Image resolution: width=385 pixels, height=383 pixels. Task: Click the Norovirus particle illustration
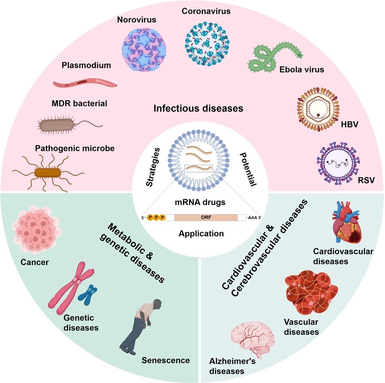[x=145, y=45]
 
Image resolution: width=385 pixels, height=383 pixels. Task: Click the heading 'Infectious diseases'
[x=198, y=108]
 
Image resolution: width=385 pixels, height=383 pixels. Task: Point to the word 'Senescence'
[x=166, y=360]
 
